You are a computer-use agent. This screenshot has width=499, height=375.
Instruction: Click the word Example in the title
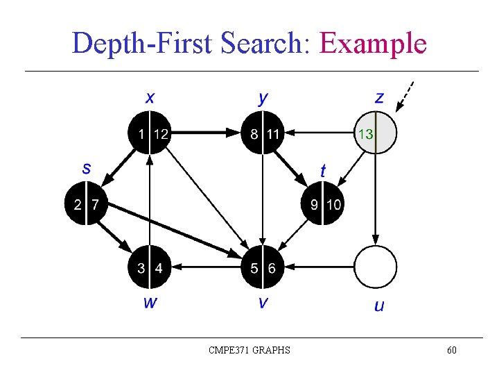pos(372,44)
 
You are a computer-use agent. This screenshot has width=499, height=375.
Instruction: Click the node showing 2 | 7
pos(86,204)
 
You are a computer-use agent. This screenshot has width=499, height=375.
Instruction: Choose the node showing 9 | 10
pos(322,204)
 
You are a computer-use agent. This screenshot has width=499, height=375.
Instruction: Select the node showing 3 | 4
pos(150,267)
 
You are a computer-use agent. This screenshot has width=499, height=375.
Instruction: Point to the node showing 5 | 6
pos(263,267)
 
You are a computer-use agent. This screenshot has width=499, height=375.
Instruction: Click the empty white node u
pos(376,267)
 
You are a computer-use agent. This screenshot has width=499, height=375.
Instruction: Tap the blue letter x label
pos(150,97)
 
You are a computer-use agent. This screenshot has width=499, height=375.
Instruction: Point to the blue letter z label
pos(378,97)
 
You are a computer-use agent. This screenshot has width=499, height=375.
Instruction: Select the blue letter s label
pos(87,167)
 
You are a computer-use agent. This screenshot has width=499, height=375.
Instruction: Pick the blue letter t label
pos(324,169)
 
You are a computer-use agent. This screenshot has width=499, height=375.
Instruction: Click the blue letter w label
pos(150,302)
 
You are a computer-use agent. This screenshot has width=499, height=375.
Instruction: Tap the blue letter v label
pos(263,302)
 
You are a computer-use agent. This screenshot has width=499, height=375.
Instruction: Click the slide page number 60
pos(451,350)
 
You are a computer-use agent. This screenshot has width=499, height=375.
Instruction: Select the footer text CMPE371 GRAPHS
pos(249,350)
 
